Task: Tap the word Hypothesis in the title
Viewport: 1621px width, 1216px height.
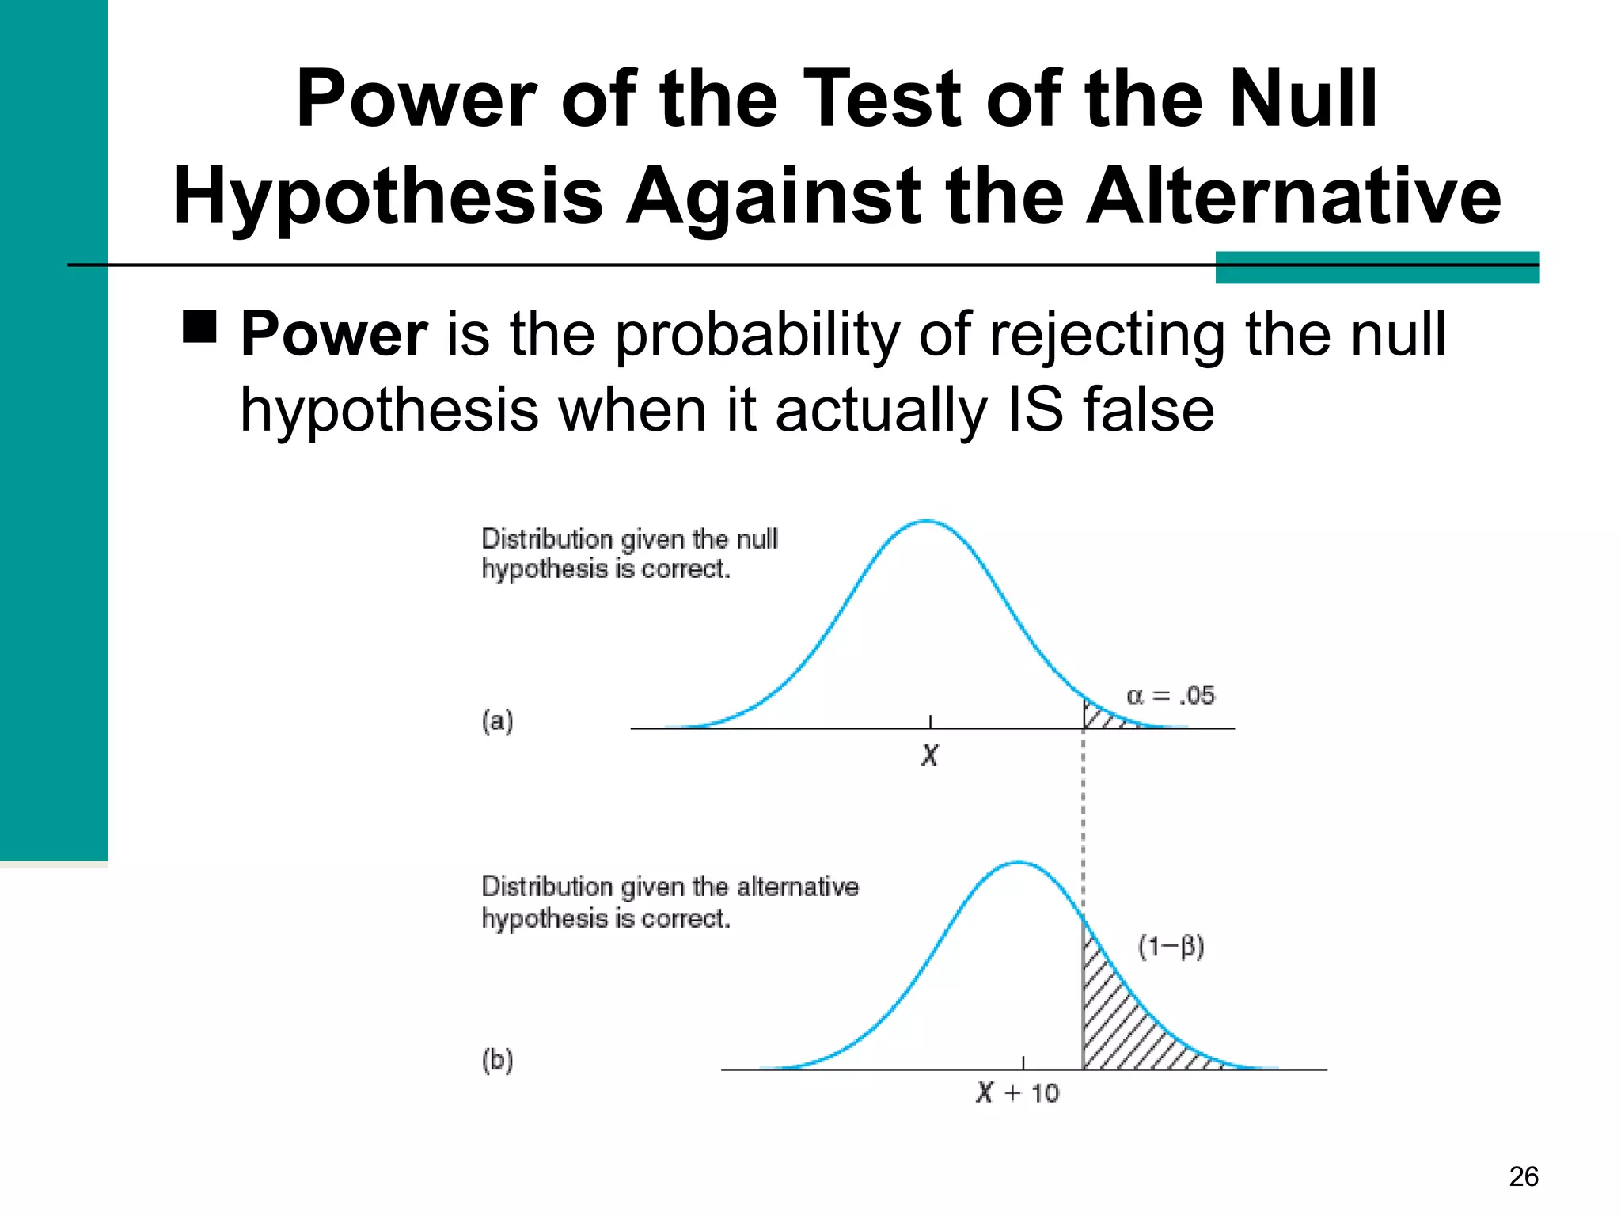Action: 388,196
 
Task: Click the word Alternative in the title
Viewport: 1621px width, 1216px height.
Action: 1292,196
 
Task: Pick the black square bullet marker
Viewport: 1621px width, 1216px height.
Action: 199,325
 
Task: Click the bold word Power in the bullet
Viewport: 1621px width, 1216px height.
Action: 334,334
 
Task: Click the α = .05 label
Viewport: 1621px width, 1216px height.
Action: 1170,696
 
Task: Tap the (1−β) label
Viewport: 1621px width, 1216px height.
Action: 1171,947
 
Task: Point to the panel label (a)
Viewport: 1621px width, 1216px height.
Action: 497,720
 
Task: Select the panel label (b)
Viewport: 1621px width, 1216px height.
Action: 497,1059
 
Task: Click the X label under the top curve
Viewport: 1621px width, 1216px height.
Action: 929,755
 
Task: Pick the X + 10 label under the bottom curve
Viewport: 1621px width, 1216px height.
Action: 1017,1093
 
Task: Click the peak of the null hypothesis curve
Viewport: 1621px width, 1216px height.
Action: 927,521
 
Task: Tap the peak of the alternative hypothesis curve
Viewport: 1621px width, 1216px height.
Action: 1019,862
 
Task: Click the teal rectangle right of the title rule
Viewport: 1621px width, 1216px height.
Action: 1376,268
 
